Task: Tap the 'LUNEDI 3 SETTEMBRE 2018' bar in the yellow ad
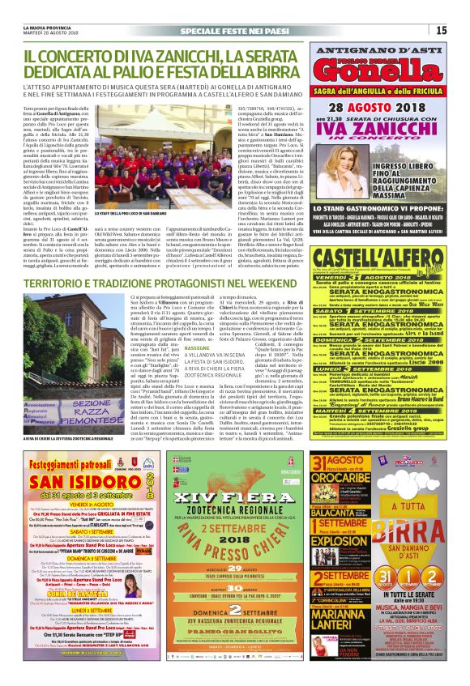(378, 381)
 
